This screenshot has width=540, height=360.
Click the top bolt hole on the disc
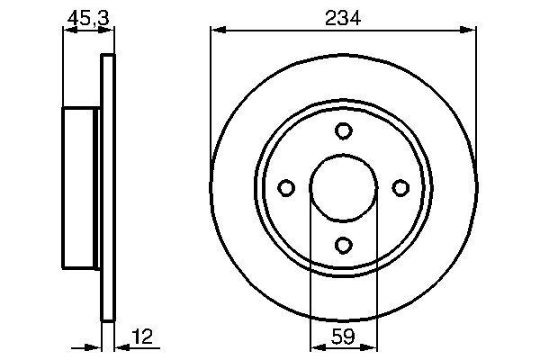(343, 131)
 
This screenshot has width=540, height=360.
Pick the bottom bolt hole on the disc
(343, 244)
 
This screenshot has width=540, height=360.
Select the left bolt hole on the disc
(287, 187)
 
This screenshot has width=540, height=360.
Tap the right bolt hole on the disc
(400, 187)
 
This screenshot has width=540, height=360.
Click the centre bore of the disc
(343, 187)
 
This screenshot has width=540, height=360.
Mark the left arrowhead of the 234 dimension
(217, 31)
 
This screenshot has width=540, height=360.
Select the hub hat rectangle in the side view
(79, 187)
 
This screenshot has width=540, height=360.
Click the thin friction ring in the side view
(108, 187)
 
